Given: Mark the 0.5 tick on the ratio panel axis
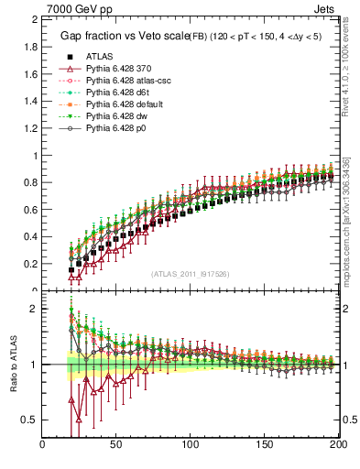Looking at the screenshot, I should pos(30,420).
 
